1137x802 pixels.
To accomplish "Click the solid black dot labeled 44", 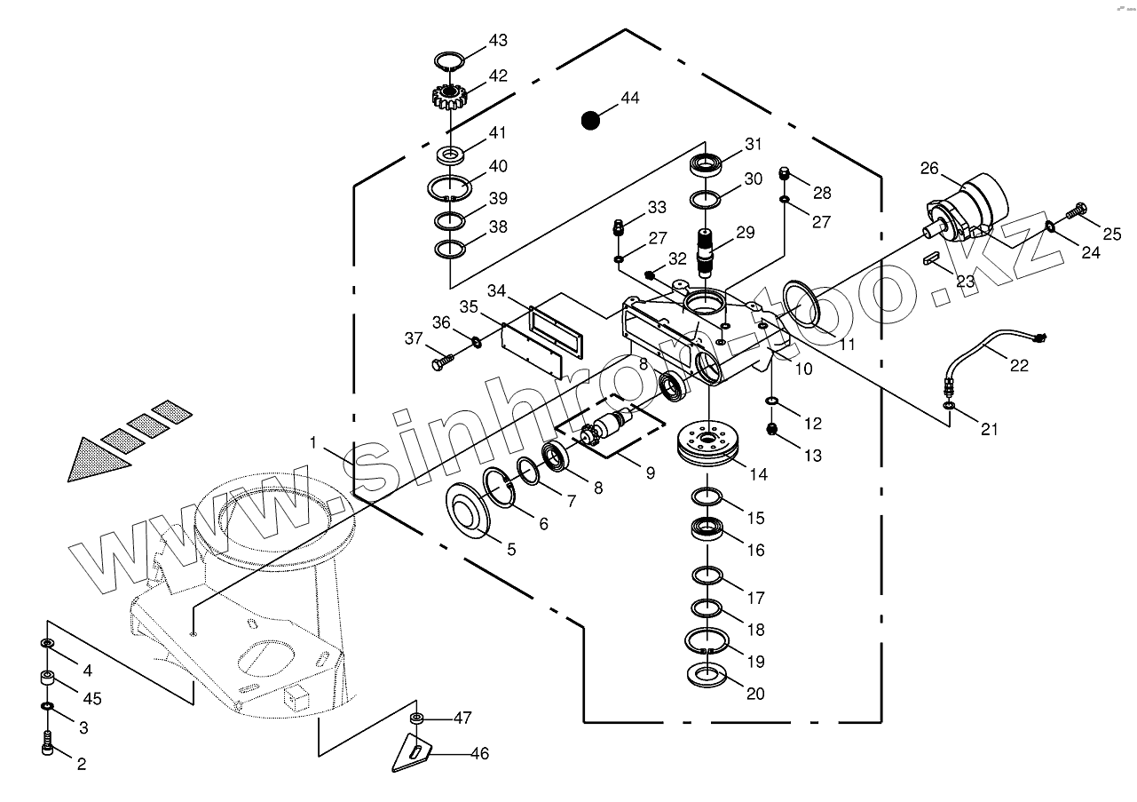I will (x=590, y=120).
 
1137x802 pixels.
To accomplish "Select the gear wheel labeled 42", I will (x=449, y=94).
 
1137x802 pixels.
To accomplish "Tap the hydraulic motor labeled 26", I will (x=972, y=209).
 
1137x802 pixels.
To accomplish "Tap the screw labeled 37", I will (x=442, y=362).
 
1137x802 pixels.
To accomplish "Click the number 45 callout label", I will (x=91, y=699).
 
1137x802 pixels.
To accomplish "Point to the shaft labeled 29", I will (x=708, y=250).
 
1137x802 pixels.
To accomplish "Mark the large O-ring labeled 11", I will (x=802, y=300).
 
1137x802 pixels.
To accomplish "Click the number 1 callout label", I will (x=312, y=441).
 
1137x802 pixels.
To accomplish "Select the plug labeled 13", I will (x=772, y=431).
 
